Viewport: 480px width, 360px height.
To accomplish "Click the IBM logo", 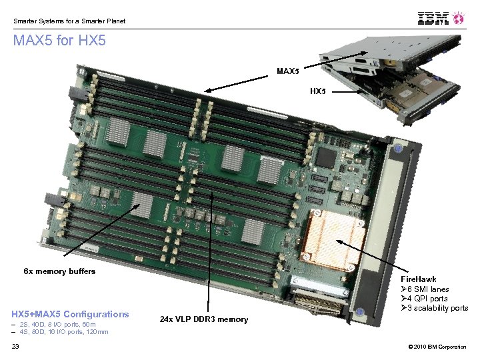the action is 433,18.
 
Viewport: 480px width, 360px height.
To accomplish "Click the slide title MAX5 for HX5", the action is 59,41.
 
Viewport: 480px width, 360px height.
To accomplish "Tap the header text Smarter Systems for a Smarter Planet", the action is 69,21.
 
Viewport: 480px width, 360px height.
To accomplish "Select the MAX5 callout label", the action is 288,71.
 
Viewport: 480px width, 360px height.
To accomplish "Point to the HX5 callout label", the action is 318,91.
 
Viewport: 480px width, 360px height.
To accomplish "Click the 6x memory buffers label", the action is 59,271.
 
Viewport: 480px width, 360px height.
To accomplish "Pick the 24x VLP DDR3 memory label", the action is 204,319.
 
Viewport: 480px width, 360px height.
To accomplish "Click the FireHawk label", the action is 419,279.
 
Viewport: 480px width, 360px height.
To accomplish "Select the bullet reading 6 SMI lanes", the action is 425,289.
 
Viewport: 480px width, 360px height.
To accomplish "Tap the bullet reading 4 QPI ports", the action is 424,299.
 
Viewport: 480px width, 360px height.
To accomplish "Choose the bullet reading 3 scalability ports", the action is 435,308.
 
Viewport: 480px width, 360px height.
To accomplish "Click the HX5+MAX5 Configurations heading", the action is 70,314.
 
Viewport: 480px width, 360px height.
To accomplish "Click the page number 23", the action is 15,346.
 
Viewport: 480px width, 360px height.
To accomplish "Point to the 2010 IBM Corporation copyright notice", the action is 437,347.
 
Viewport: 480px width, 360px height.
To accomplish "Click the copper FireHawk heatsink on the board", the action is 334,240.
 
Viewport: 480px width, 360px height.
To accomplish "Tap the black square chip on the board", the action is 326,157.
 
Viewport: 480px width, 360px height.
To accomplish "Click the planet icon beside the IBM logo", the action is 458,18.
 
